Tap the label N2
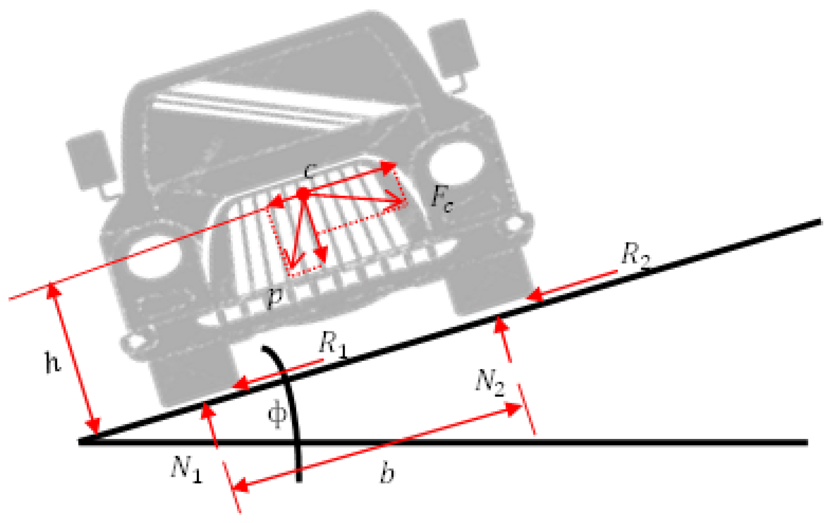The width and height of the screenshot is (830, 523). click(x=490, y=382)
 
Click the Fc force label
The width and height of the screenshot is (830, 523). click(x=441, y=199)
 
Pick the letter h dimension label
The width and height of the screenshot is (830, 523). click(x=53, y=362)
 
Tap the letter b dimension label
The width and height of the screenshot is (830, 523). click(x=387, y=473)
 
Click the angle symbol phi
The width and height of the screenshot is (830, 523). click(x=277, y=413)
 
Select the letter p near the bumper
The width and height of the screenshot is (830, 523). click(x=275, y=296)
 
